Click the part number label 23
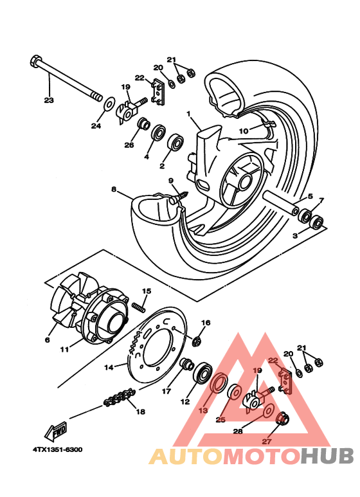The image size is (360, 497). click(49, 100)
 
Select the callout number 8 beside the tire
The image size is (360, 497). click(113, 190)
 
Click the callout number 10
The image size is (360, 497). click(243, 131)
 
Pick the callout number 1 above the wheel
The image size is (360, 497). click(189, 113)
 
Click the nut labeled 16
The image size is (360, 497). click(199, 339)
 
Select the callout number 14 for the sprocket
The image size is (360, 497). click(109, 367)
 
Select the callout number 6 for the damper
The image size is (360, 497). click(47, 339)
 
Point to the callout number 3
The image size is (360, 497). click(295, 236)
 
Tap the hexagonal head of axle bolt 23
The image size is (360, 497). click(35, 62)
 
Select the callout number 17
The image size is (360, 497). click(166, 390)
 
